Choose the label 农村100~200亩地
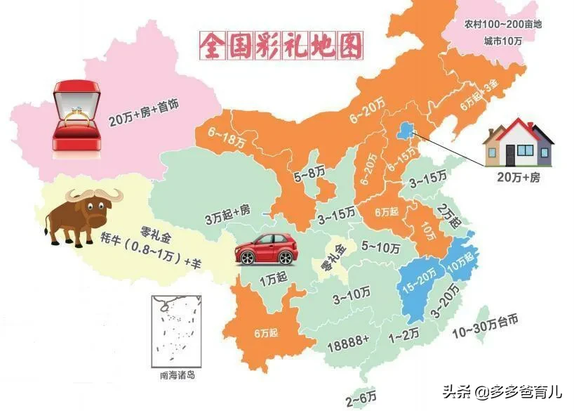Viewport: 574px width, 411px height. (x=504, y=24)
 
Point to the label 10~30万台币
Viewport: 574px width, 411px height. (x=495, y=332)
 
